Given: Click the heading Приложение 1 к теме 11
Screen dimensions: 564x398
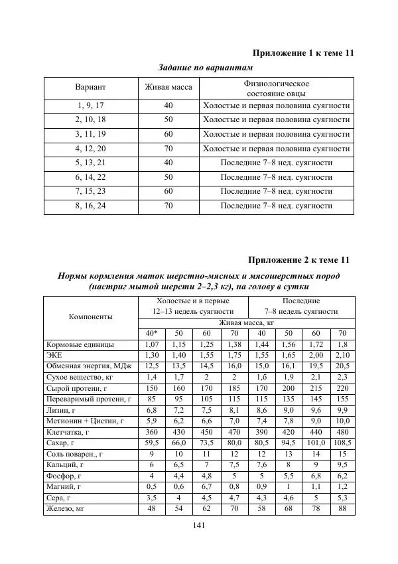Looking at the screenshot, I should pyautogui.click(x=302, y=53).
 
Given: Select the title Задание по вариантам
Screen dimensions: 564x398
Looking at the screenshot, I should pyautogui.click(x=206, y=68).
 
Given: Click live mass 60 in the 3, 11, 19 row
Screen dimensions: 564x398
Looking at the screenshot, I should pyautogui.click(x=168, y=135).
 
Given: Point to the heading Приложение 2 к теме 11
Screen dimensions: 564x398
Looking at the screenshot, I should pyautogui.click(x=298, y=259).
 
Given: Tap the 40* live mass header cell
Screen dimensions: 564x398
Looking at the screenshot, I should pyautogui.click(x=151, y=333).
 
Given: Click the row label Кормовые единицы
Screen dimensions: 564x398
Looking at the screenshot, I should pyautogui.click(x=80, y=345).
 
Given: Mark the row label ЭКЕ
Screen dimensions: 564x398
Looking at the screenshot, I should pyautogui.click(x=53, y=356).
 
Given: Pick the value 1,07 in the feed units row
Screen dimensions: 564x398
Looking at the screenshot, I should pyautogui.click(x=151, y=345).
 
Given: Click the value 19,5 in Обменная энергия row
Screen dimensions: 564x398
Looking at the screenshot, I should pyautogui.click(x=315, y=367).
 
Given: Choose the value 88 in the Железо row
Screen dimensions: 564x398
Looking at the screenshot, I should pyautogui.click(x=342, y=510).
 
